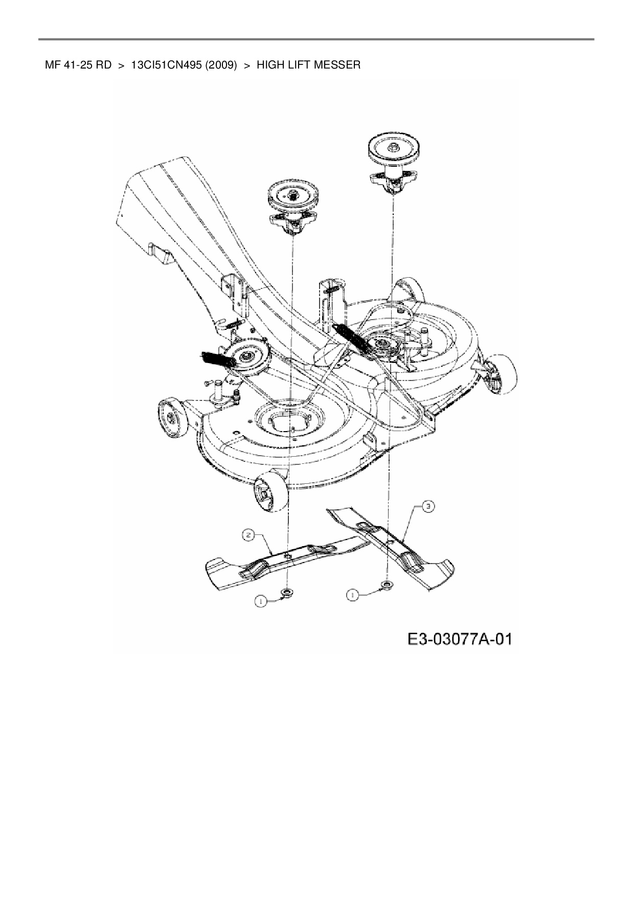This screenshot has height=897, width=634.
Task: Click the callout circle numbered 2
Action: coord(248,535)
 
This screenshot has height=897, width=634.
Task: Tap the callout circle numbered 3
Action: coord(428,506)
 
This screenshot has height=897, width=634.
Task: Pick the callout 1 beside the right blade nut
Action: coord(352,594)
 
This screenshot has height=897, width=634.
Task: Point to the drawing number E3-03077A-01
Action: coord(460,639)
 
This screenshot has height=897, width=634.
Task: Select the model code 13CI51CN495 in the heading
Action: coord(168,65)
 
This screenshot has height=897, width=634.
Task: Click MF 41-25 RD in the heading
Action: coord(78,65)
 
